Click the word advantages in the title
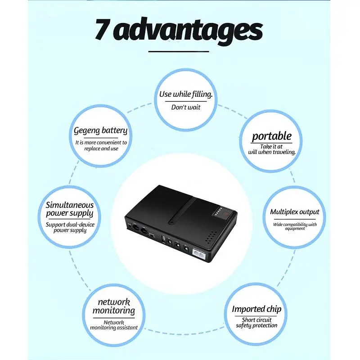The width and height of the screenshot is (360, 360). pos(188,31)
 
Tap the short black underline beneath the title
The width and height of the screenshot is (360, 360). pos(179,51)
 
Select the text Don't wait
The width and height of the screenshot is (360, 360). pos(186,107)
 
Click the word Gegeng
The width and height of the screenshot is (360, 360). pos(86,131)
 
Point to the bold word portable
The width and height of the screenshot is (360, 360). pos(272,136)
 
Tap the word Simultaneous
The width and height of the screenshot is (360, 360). pos(70,205)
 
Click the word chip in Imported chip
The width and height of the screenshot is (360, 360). pos(274,309)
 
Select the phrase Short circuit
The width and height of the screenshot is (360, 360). pos(256,320)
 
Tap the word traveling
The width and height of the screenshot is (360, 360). pos(283,152)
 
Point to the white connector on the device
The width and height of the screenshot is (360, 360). pos(198,254)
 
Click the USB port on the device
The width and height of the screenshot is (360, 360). pos(164,239)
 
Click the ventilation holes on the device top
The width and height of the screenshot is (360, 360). pos(211,237)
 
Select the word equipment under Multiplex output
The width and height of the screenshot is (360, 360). pos(295,229)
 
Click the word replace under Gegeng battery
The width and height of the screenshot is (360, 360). pos(92,149)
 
